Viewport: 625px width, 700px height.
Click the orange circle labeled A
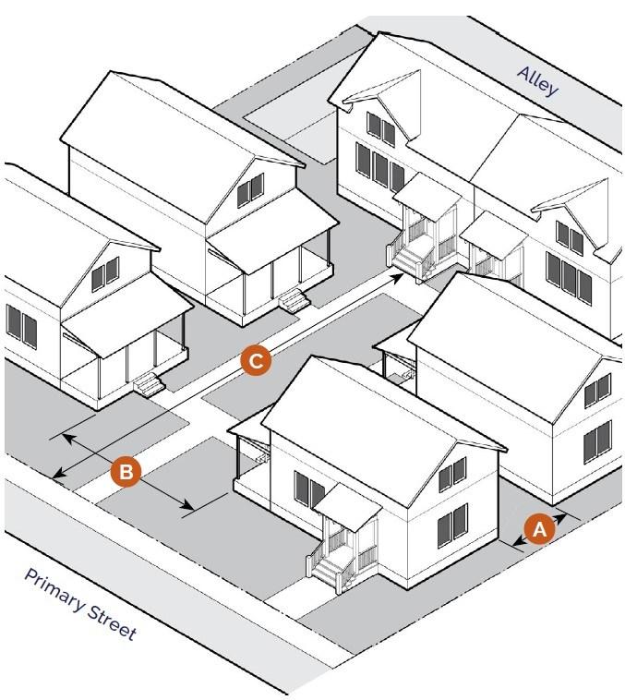tap(539, 528)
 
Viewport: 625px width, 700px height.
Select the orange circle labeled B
tap(126, 472)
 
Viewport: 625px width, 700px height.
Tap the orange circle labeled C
tap(256, 360)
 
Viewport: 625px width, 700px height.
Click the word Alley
tap(538, 81)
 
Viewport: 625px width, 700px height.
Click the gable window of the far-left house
tap(105, 272)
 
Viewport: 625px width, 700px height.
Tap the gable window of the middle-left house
tap(249, 190)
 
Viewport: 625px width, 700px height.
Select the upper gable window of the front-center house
tap(452, 473)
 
